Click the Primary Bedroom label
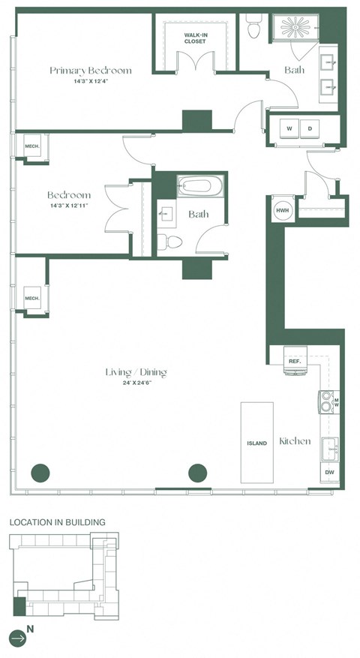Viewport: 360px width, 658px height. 90,71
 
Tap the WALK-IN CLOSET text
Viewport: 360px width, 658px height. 196,38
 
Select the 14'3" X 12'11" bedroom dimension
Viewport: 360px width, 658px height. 69,205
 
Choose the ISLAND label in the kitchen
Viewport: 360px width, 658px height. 256,443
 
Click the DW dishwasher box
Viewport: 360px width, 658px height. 329,472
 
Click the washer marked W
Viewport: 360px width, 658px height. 288,128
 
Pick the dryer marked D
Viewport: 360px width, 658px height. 309,128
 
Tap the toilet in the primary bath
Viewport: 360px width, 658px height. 253,28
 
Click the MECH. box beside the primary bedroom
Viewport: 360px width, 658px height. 31,147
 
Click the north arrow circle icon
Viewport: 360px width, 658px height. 19,638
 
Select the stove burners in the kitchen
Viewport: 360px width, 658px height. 327,404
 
